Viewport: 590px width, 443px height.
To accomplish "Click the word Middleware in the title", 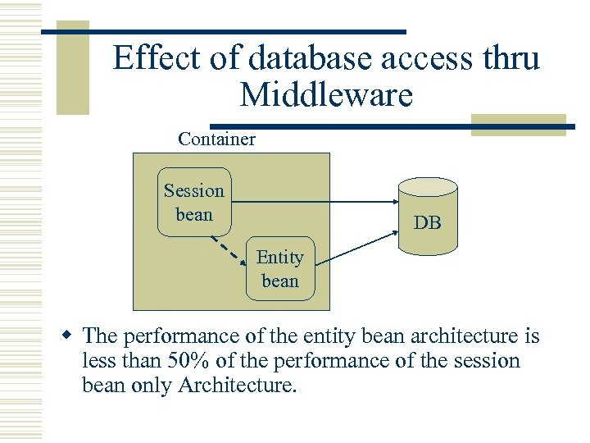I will (x=326, y=96).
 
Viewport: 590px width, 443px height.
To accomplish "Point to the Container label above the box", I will (x=216, y=139).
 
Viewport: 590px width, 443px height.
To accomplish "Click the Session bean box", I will (x=193, y=203).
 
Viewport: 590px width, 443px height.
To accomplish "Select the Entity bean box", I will (x=279, y=269).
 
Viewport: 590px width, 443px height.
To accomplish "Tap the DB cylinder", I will (x=427, y=215).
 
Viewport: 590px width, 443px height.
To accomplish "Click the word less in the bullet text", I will (x=99, y=361).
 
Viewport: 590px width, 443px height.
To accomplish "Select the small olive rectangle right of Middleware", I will (x=518, y=125).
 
